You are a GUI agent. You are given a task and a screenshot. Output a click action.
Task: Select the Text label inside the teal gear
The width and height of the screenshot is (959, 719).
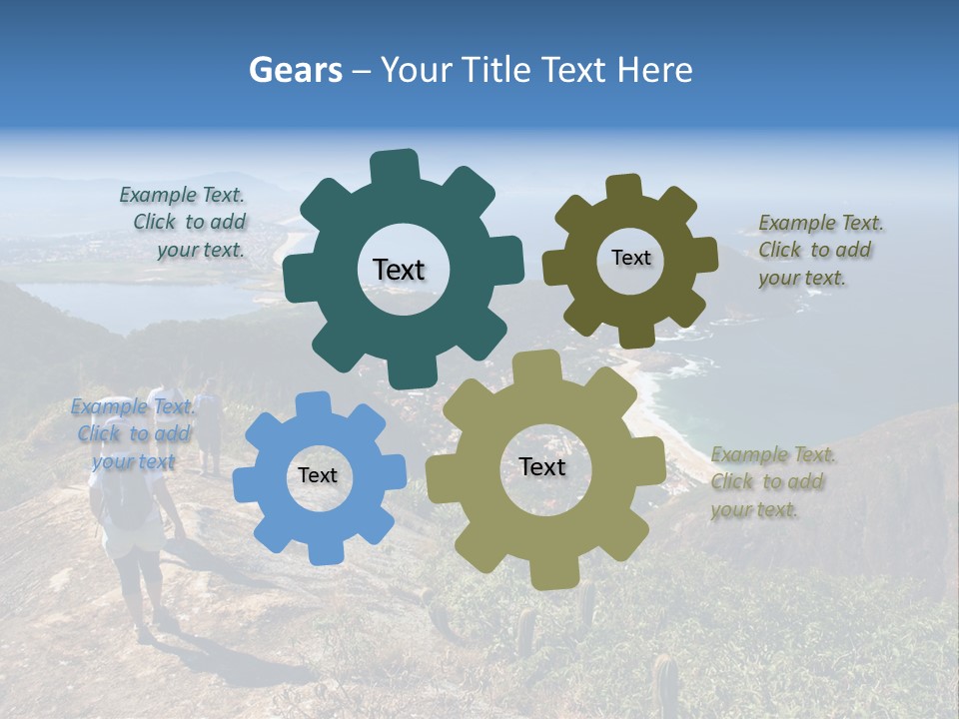click(x=399, y=270)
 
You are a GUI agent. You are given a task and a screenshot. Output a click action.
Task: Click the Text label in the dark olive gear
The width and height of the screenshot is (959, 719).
click(x=630, y=258)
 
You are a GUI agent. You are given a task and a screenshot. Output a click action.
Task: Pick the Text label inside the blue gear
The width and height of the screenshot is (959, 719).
click(x=318, y=476)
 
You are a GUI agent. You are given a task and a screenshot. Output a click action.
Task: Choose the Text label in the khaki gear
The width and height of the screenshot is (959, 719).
click(x=542, y=467)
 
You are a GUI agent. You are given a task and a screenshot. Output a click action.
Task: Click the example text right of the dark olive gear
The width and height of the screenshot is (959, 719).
click(x=820, y=251)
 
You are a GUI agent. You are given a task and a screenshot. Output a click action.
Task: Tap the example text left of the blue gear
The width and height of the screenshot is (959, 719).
click(x=133, y=433)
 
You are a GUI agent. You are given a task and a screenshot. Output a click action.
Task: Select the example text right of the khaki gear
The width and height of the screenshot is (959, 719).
click(x=773, y=482)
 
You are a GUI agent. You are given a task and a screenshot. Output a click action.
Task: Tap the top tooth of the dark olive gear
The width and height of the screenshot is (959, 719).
click(x=623, y=188)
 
